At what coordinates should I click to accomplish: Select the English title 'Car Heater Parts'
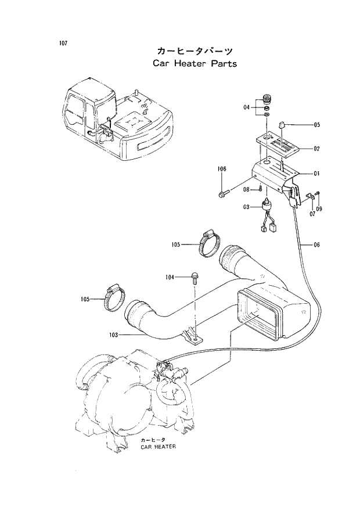click(195, 63)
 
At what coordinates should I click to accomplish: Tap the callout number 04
click(246, 107)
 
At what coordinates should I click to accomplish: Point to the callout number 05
click(317, 125)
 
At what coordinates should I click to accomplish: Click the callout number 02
click(317, 149)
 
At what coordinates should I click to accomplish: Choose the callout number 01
click(317, 174)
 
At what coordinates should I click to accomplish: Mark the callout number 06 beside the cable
click(317, 244)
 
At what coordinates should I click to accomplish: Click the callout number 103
click(113, 335)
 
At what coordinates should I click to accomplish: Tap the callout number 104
click(170, 278)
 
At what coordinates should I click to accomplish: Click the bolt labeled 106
click(224, 192)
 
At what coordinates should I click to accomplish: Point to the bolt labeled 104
click(194, 278)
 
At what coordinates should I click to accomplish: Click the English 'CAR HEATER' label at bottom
click(158, 448)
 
